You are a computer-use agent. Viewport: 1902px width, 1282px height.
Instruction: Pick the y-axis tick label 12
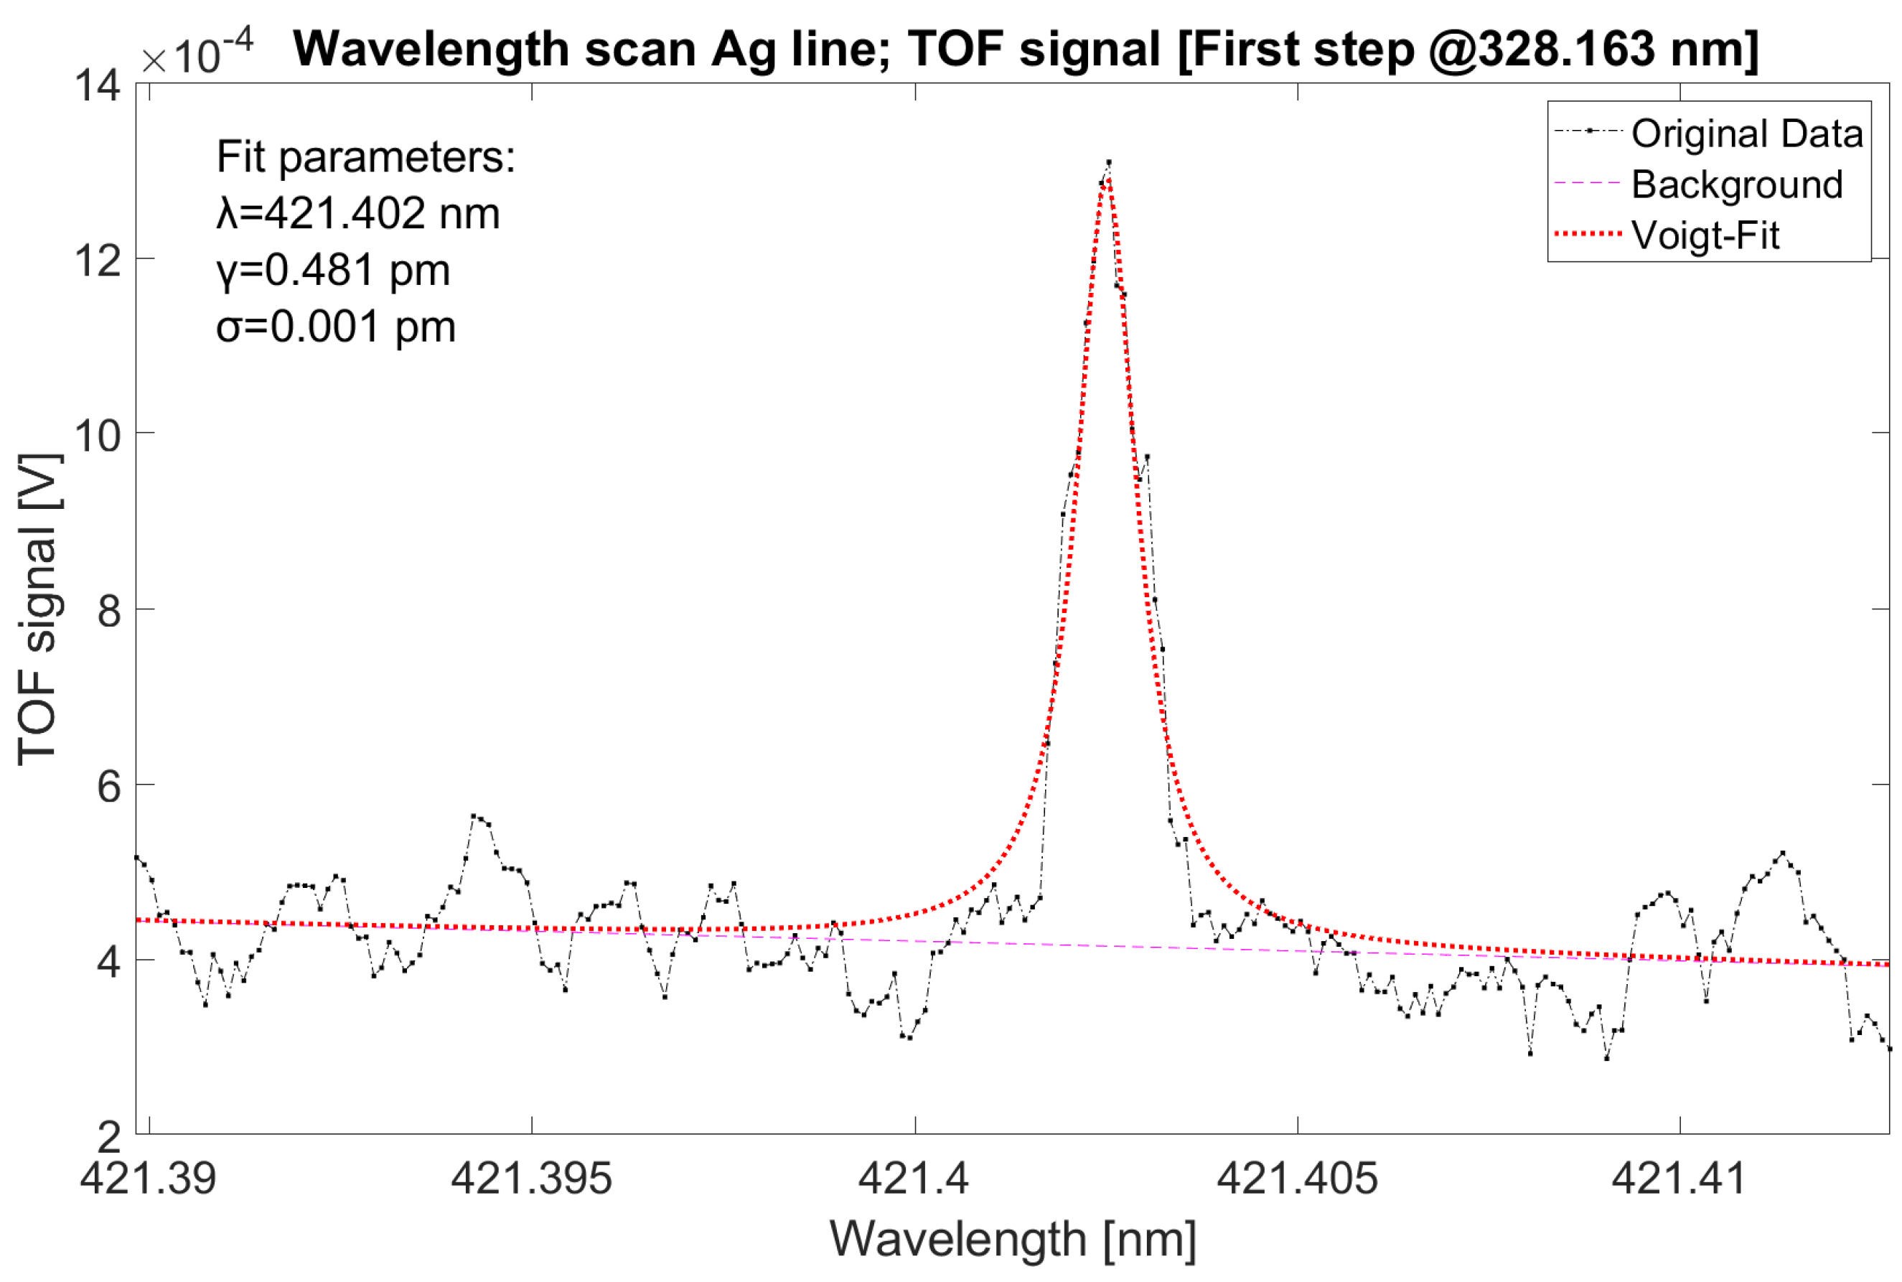(x=98, y=260)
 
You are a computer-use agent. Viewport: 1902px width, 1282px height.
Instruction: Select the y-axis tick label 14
(x=98, y=85)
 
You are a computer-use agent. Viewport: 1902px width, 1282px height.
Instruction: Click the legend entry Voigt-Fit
(x=1705, y=235)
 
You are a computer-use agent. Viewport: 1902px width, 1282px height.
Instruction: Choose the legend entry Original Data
(x=1747, y=134)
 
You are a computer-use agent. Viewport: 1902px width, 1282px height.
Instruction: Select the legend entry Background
(x=1737, y=184)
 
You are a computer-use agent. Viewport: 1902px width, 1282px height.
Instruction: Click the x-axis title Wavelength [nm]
(x=1013, y=1239)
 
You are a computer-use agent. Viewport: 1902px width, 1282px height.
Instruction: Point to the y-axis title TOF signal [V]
(x=39, y=609)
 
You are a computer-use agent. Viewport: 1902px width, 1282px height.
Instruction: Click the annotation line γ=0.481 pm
(x=334, y=271)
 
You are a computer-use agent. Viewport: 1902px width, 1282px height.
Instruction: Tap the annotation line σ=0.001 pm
(x=336, y=327)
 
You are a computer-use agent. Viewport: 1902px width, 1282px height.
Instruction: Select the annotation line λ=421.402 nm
(x=358, y=214)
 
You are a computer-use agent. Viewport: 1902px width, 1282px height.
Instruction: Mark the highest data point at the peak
(x=1108, y=163)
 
